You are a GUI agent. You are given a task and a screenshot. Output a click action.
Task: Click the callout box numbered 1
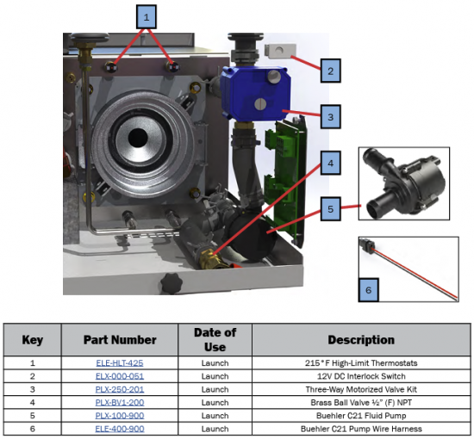(x=147, y=17)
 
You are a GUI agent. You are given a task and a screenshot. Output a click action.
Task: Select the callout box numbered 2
(x=331, y=71)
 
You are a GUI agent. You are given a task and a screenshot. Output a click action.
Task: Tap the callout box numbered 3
(x=331, y=117)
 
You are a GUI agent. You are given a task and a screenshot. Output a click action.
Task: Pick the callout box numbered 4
(x=331, y=163)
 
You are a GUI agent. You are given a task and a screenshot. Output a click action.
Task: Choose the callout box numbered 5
(x=331, y=209)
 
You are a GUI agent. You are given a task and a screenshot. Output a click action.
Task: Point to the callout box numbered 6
(x=369, y=290)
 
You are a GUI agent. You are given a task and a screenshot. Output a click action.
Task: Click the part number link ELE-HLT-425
(x=120, y=363)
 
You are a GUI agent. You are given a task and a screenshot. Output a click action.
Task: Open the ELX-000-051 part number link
(x=120, y=376)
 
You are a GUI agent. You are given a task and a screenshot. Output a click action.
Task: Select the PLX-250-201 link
(x=120, y=389)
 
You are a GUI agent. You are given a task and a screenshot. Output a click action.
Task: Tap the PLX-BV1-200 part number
(x=120, y=403)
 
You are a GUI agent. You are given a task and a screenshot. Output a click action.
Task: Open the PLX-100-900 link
(x=120, y=416)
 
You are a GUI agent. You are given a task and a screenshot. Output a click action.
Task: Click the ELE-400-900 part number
(x=120, y=429)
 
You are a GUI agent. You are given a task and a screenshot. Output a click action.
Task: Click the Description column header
(x=361, y=340)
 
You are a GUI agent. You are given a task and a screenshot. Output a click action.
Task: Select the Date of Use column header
(x=215, y=340)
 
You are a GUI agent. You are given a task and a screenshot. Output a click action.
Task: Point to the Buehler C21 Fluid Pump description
(x=361, y=416)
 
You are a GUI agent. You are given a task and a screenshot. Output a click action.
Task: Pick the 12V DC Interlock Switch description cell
(x=361, y=376)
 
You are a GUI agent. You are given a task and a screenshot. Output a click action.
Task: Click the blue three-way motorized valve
(x=255, y=93)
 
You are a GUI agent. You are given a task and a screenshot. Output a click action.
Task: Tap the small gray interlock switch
(x=280, y=51)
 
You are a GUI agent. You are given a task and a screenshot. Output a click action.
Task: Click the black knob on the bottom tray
(x=172, y=283)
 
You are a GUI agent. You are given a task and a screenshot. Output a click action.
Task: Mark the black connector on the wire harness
(x=368, y=246)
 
